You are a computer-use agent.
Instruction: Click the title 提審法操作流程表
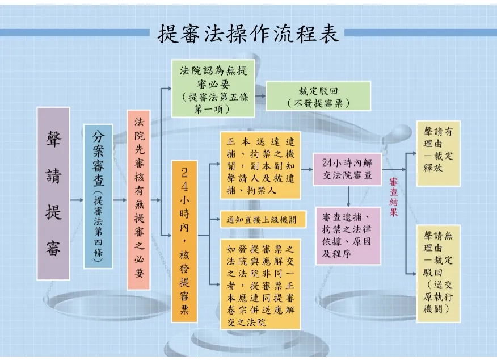[248, 34]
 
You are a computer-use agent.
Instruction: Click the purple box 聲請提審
[53, 194]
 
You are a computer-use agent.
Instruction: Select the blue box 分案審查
[98, 196]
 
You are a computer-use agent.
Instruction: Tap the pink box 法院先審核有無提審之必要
[138, 200]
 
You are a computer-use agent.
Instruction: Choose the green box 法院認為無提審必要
[213, 89]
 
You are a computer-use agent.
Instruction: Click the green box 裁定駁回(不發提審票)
[318, 96]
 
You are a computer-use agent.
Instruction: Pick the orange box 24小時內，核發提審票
[184, 241]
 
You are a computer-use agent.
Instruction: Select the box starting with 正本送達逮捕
[260, 165]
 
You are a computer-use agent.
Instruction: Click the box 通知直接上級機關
[263, 219]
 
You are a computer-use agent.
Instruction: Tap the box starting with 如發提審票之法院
[260, 284]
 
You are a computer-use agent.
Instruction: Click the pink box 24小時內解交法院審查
[347, 169]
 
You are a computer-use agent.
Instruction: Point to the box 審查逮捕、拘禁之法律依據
[348, 236]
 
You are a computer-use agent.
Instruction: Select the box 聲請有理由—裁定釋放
[439, 153]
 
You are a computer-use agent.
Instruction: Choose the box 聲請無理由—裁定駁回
[439, 274]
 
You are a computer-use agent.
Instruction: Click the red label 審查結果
[394, 197]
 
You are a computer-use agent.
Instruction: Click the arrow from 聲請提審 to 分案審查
[77, 200]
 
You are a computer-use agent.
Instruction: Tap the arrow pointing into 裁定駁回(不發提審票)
[260, 96]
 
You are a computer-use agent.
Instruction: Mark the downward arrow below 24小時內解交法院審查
[348, 196]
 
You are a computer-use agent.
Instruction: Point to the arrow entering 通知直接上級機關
[215, 219]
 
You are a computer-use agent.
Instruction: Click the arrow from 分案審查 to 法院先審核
[120, 200]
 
